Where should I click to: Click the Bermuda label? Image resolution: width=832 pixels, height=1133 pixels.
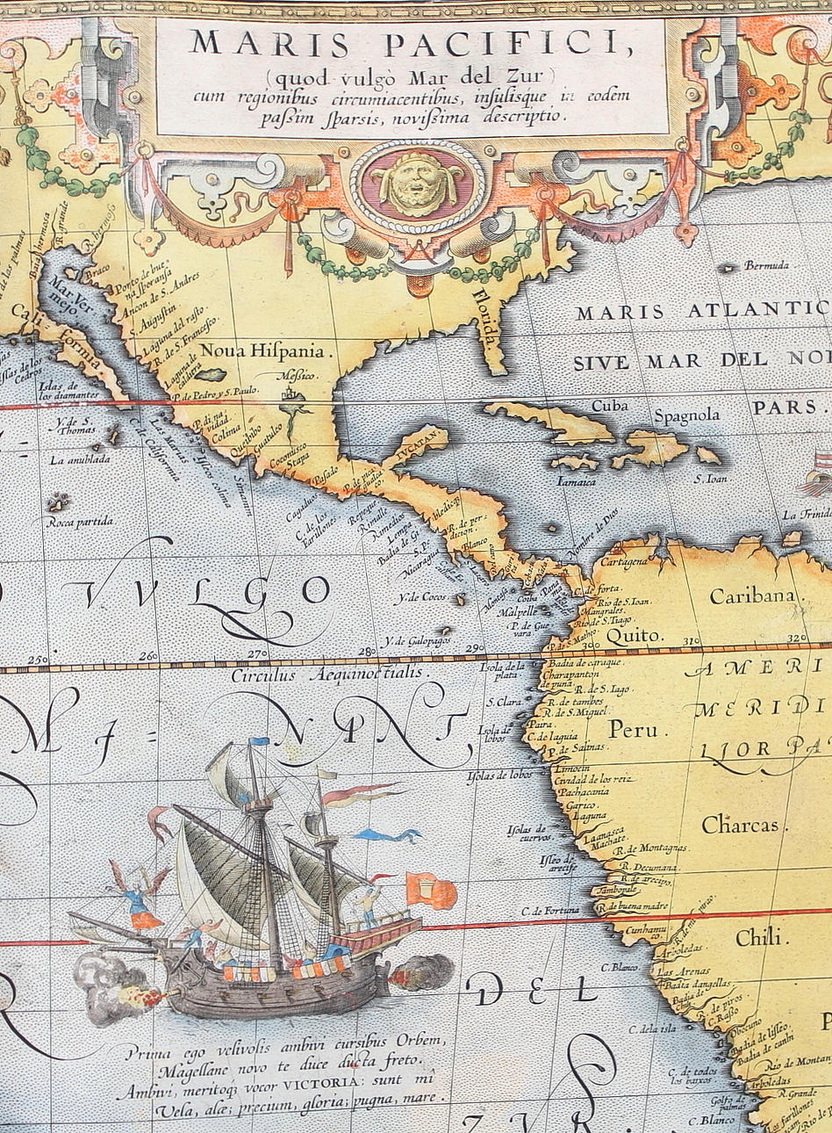coord(766,265)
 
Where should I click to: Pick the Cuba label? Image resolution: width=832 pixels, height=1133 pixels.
coord(611,407)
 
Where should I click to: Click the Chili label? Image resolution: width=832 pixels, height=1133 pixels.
coord(757,937)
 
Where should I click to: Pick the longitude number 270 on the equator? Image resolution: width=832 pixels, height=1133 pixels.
coord(257,654)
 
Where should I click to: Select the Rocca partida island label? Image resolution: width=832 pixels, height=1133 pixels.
coord(81,522)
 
